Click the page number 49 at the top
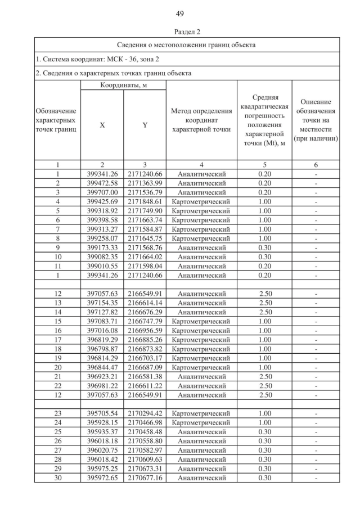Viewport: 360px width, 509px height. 180,13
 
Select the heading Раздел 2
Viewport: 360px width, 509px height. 180,31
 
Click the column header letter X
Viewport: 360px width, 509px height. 102,125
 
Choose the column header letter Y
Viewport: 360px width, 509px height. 145,125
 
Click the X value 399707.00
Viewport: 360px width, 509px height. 102,192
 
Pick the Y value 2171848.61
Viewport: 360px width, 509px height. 145,201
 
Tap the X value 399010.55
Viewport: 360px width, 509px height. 102,266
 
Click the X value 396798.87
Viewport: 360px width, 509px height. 102,349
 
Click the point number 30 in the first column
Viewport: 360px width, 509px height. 57,478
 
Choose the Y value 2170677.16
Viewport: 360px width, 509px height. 145,478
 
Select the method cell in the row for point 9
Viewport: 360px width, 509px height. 201,247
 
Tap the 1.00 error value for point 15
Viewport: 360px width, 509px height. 264,321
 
